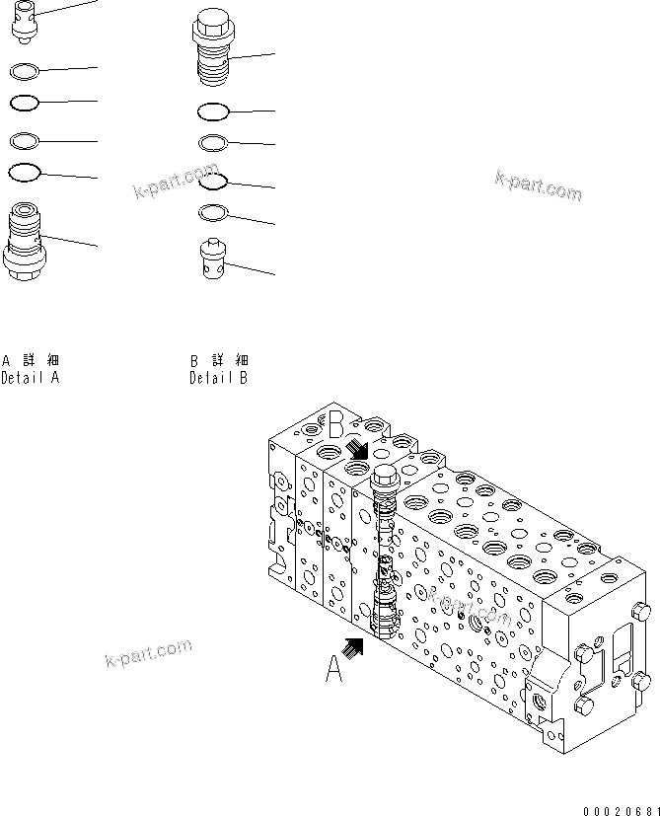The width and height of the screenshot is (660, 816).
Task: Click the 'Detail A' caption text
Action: pos(31,377)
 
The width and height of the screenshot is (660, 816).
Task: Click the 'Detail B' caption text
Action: pos(218,377)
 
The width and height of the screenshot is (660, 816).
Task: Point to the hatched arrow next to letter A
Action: pos(352,646)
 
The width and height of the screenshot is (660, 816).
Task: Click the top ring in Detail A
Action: pos(24,70)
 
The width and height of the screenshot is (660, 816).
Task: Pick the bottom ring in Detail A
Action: pos(24,173)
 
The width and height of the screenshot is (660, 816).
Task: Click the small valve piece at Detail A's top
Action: pos(24,20)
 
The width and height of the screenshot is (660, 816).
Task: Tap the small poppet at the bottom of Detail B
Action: pos(211,259)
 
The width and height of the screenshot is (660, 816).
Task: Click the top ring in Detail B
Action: pos(214,111)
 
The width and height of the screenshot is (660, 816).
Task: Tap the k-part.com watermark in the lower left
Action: pos(148,653)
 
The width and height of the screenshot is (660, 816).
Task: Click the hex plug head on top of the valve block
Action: pos(384,477)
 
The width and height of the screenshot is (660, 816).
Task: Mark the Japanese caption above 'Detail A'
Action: pos(31,360)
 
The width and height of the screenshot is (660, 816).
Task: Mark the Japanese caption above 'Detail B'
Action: pos(219,360)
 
